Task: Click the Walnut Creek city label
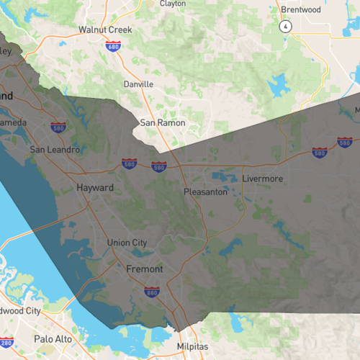(x=105, y=30)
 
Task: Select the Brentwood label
(x=300, y=10)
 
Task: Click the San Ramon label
(x=162, y=123)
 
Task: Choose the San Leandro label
(x=54, y=150)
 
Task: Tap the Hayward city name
(x=95, y=188)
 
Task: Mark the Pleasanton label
(x=205, y=193)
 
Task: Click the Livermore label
(x=262, y=179)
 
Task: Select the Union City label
(x=127, y=243)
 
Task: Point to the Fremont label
(x=145, y=269)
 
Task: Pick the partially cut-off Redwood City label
(x=20, y=311)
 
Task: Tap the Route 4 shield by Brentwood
(x=287, y=26)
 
